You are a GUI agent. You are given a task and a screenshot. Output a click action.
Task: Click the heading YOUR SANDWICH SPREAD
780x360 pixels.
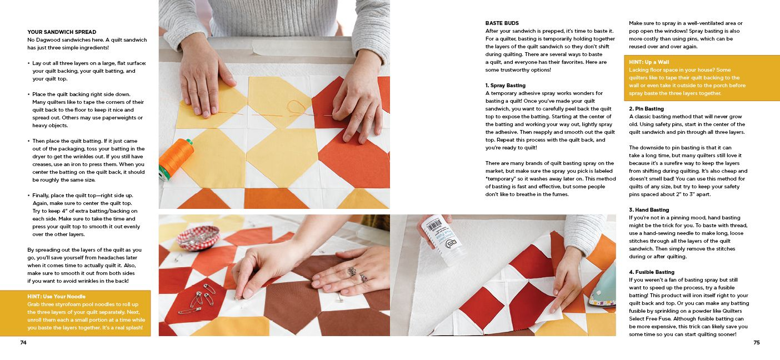point(62,32)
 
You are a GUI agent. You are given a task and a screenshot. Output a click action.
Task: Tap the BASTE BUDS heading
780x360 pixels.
point(502,23)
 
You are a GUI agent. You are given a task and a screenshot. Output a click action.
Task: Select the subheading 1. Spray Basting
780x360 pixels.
point(505,86)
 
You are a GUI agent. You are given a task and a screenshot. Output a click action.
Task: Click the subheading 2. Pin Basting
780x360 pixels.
point(646,109)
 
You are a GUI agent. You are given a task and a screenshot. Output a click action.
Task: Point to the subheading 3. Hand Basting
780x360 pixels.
point(649,210)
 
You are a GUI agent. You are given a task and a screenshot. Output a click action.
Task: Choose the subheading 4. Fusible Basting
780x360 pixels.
point(652,272)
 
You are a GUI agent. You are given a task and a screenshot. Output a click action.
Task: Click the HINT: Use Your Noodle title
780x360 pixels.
point(56,297)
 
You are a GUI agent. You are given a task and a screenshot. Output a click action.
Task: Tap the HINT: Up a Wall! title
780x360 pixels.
point(649,62)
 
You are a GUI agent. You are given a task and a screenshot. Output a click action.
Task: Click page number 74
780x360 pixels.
point(23,343)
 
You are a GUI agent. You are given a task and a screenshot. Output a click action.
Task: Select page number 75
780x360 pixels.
point(756,343)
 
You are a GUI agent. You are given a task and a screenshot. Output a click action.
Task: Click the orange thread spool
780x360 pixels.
point(175,158)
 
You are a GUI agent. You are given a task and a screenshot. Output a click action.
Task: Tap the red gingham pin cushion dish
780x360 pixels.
point(198,237)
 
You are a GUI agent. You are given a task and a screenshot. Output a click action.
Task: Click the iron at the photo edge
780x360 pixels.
point(603,286)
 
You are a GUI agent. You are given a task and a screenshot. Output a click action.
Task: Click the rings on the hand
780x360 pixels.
point(353,273)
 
